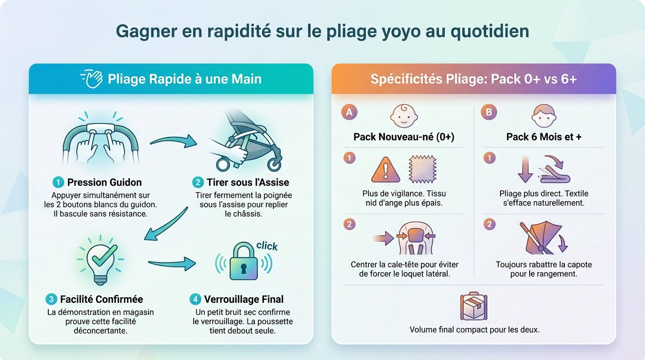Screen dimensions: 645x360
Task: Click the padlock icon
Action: tap(244, 261)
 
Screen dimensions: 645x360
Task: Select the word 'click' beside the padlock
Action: tap(267, 246)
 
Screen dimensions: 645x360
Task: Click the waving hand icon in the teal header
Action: tap(92, 78)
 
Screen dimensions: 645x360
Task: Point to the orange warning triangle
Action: tap(386, 170)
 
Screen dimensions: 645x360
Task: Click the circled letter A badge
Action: tap(349, 112)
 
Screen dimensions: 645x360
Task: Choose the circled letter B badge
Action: tap(488, 112)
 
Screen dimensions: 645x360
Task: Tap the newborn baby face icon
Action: tap(404, 116)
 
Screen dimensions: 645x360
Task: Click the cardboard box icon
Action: tap(473, 306)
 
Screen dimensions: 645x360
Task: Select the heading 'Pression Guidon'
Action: tap(104, 182)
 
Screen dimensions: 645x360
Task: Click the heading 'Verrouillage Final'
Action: tap(244, 299)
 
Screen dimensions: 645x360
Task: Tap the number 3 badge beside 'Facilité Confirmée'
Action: tap(51, 299)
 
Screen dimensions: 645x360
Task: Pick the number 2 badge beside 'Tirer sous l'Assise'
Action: tap(198, 182)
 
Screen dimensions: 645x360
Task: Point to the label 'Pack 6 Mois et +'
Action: tap(544, 137)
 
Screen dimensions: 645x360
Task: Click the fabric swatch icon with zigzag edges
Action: tap(422, 169)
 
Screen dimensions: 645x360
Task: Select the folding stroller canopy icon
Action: tap(543, 238)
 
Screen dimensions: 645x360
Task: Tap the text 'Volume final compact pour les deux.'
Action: tap(474, 330)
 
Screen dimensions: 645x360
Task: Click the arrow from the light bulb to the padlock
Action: tap(172, 263)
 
